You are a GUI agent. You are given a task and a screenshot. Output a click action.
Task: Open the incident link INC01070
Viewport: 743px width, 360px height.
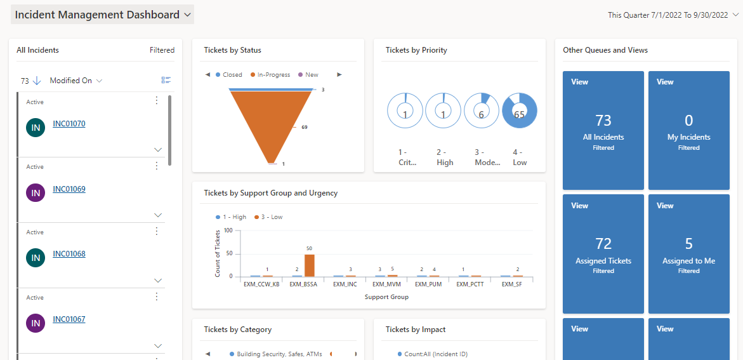pyautogui.click(x=69, y=124)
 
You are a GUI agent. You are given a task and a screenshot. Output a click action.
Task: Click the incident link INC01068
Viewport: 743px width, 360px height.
pyautogui.click(x=69, y=254)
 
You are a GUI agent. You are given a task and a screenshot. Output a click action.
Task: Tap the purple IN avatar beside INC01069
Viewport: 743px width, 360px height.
pyautogui.click(x=36, y=192)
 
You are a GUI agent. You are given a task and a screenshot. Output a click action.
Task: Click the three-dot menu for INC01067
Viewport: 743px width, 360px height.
pyautogui.click(x=157, y=297)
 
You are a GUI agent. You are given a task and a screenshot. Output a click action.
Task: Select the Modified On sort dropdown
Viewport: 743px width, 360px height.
pyautogui.click(x=76, y=81)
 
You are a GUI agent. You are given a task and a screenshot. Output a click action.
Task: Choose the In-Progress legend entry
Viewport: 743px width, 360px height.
pyautogui.click(x=273, y=75)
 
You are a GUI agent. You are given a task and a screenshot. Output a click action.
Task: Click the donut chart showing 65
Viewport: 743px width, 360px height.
pyautogui.click(x=519, y=111)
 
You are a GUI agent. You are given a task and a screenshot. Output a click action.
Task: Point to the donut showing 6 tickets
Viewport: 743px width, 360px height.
pyautogui.click(x=482, y=111)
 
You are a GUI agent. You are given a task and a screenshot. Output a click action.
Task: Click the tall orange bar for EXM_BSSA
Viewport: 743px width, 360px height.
pyautogui.click(x=310, y=265)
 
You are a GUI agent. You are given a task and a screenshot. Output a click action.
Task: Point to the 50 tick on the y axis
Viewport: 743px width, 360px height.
pyautogui.click(x=228, y=253)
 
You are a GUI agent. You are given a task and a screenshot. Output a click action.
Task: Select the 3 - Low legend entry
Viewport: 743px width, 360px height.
pyautogui.click(x=268, y=217)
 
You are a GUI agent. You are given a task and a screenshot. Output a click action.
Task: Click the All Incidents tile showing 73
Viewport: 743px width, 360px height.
pyautogui.click(x=603, y=130)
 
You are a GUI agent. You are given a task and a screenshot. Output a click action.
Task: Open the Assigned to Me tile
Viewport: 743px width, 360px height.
pyautogui.click(x=688, y=254)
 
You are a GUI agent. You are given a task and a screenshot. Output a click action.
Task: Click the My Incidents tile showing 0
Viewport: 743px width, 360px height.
pyautogui.click(x=688, y=130)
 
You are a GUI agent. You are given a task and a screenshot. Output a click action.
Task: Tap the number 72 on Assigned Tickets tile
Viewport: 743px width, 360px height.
pyautogui.click(x=603, y=244)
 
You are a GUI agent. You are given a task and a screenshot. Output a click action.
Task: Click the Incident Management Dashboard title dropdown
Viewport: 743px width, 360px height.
pyautogui.click(x=103, y=15)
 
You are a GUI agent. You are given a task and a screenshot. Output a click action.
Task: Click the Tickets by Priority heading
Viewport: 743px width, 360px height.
pyautogui.click(x=416, y=50)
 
